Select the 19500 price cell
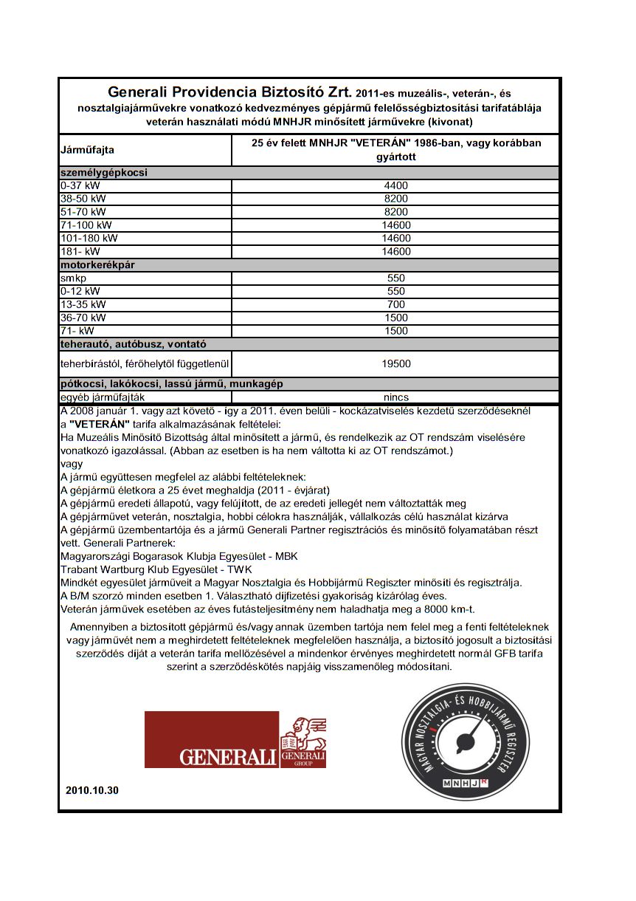click(395, 363)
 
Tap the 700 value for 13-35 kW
click(395, 304)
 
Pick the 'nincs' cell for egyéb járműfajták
click(395, 397)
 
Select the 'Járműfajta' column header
click(87, 150)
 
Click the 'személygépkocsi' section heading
click(104, 173)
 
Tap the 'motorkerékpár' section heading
click(97, 264)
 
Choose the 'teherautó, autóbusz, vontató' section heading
click(133, 344)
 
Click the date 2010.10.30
click(91, 790)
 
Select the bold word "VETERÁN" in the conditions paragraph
click(99, 424)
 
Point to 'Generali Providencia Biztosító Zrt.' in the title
click(229, 94)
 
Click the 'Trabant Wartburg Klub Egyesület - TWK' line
click(156, 569)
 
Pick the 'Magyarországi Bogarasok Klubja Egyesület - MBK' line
click(179, 556)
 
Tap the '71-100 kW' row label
click(86, 225)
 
